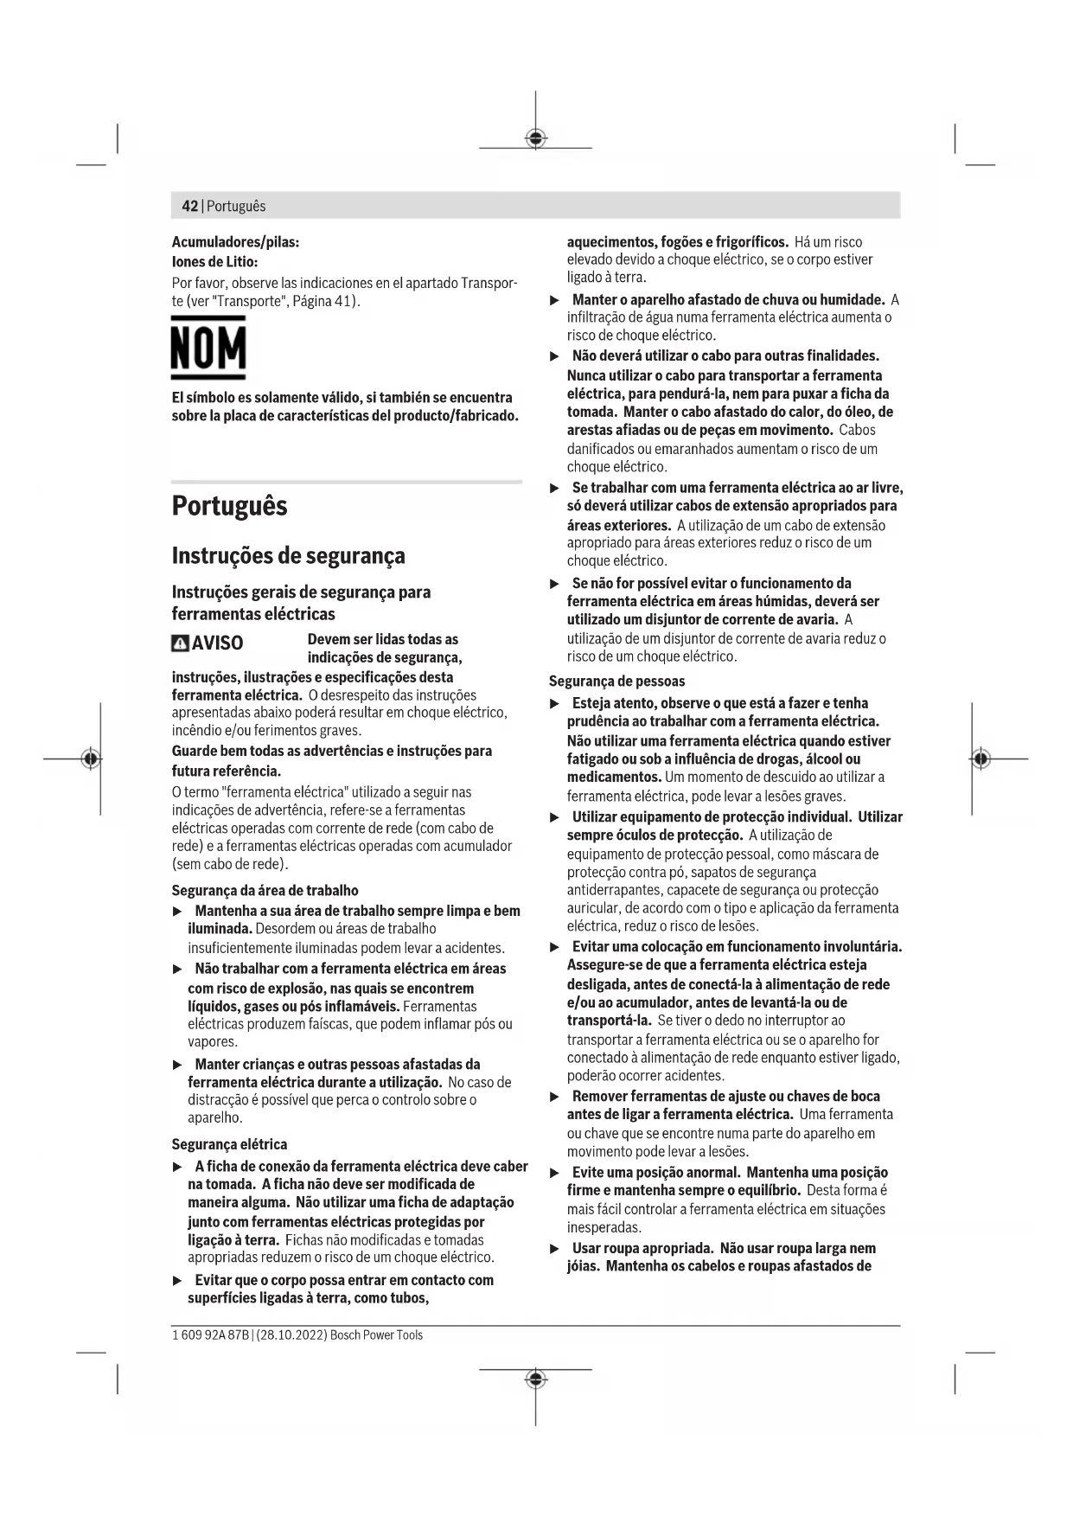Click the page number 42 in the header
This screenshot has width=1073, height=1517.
click(x=189, y=207)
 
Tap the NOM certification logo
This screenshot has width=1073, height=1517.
click(x=208, y=348)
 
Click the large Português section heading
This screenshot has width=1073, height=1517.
click(x=229, y=506)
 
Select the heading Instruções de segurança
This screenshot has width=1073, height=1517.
click(x=288, y=555)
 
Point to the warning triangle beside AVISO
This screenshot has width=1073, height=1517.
click(x=180, y=643)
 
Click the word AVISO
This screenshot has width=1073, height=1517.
click(x=217, y=643)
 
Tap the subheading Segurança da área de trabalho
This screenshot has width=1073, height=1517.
click(x=265, y=890)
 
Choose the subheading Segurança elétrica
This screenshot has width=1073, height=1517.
click(x=229, y=1144)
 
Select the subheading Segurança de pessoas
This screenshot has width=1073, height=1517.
click(x=616, y=681)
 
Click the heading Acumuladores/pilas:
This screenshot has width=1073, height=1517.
click(x=235, y=242)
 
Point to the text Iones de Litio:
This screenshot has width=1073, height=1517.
click(x=214, y=261)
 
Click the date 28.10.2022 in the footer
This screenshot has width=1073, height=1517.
click(x=291, y=1335)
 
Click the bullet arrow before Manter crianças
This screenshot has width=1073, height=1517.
click(x=178, y=1065)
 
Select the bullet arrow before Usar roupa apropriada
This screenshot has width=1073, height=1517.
click(x=555, y=1249)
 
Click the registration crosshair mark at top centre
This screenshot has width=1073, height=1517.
click(x=536, y=138)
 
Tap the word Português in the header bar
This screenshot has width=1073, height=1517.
click(x=236, y=207)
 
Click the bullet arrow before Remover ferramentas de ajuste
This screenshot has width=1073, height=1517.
click(x=555, y=1097)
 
